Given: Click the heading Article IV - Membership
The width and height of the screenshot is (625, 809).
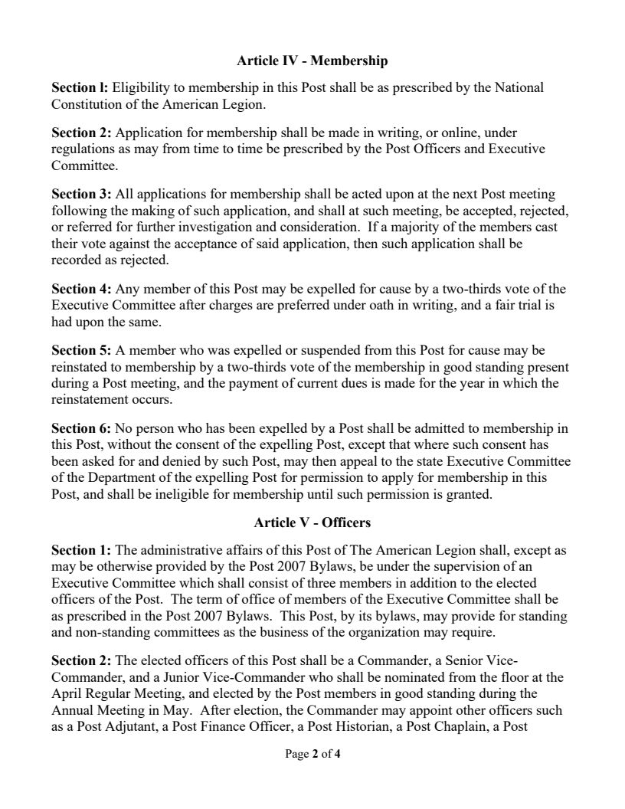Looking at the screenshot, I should click(312, 61).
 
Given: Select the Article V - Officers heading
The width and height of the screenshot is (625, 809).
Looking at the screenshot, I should click(312, 523).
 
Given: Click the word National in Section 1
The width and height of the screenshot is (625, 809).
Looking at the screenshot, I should click(519, 87).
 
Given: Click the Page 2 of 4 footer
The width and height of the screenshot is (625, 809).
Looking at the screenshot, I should click(312, 754).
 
